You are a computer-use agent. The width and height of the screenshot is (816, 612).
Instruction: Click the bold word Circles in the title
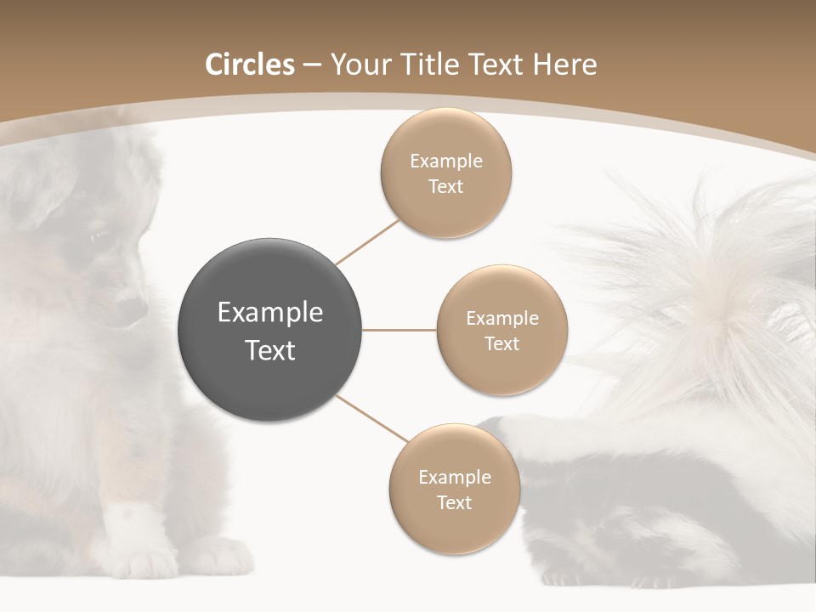click(249, 65)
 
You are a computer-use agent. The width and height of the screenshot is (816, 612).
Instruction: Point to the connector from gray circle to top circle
click(368, 242)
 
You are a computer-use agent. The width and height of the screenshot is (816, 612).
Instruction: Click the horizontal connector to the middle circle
click(399, 330)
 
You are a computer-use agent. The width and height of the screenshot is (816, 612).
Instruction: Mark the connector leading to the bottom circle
click(372, 418)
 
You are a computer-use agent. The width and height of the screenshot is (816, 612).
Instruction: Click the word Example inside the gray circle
click(269, 312)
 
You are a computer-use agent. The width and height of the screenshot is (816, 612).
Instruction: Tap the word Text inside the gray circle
click(269, 349)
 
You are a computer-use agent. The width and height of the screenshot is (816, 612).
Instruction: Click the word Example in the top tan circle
click(445, 161)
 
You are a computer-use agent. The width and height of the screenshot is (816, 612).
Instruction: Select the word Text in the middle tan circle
click(501, 343)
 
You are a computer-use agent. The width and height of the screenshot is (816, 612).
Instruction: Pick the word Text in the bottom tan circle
click(454, 502)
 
